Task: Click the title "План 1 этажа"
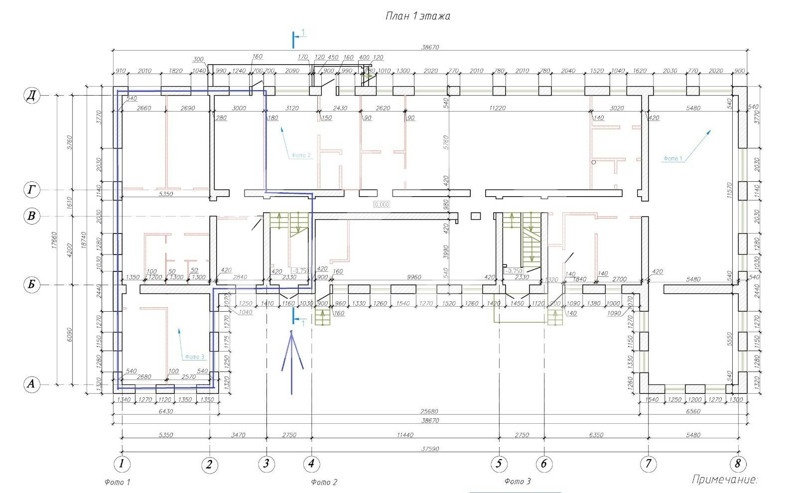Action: click(417, 16)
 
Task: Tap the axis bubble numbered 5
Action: click(499, 464)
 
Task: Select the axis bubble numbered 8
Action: click(738, 464)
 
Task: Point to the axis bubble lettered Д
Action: click(32, 96)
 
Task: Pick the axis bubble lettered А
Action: click(32, 384)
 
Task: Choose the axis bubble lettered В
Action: click(32, 216)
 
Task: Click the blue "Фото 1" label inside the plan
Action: click(672, 158)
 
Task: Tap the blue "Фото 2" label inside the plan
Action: click(301, 155)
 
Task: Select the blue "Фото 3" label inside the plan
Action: click(194, 357)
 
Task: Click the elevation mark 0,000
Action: click(382, 204)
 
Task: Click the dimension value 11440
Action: click(405, 435)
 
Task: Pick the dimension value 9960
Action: click(414, 277)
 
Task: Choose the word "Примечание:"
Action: click(725, 480)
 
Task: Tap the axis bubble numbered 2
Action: click(209, 465)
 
